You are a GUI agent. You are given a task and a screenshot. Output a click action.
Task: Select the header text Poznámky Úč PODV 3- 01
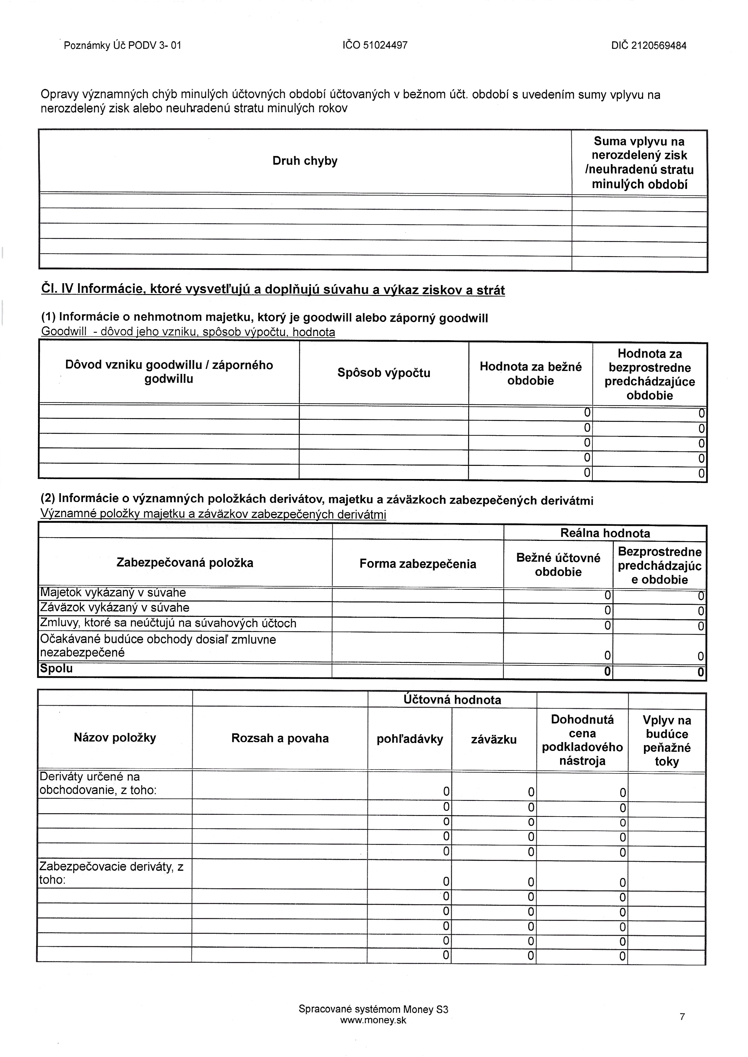coord(122,46)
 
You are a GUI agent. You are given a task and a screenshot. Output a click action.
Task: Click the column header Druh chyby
coord(305,161)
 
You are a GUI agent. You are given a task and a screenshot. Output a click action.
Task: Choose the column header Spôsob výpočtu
coord(384,373)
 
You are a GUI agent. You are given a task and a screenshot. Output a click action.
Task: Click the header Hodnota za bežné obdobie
coord(531,373)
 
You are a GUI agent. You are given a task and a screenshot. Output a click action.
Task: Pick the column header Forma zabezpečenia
coord(418,564)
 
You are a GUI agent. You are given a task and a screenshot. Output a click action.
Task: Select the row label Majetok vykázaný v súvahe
coord(113,593)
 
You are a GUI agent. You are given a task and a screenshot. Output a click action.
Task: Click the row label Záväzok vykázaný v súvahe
coord(115,608)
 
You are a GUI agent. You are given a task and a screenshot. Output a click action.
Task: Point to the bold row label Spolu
coord(56,668)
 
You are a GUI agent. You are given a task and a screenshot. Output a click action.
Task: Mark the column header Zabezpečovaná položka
coord(185,563)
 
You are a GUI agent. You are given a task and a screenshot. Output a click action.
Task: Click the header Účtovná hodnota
coord(452,700)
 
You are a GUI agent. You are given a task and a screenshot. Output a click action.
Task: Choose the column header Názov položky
coord(115,738)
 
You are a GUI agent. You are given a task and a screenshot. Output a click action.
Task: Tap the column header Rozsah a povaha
coord(280,738)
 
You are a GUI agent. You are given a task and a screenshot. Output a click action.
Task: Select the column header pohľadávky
coord(410,739)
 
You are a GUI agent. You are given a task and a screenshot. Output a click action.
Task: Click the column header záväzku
coord(494,739)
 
